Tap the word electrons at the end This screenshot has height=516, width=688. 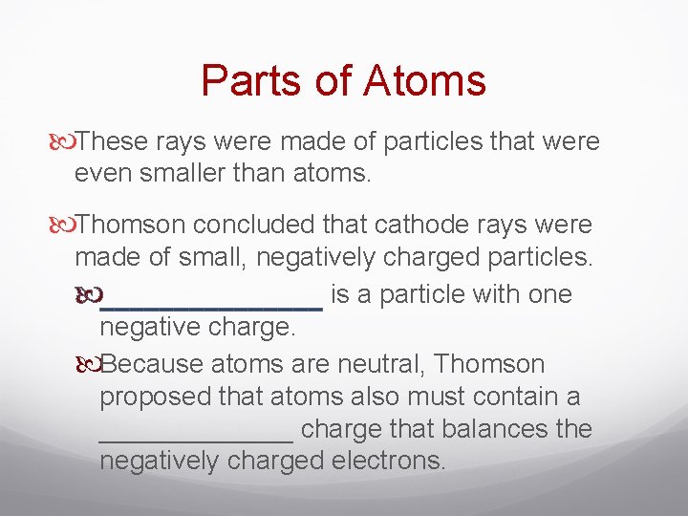386,462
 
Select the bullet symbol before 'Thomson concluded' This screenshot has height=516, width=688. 62,226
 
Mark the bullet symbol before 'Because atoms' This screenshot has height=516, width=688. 87,365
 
